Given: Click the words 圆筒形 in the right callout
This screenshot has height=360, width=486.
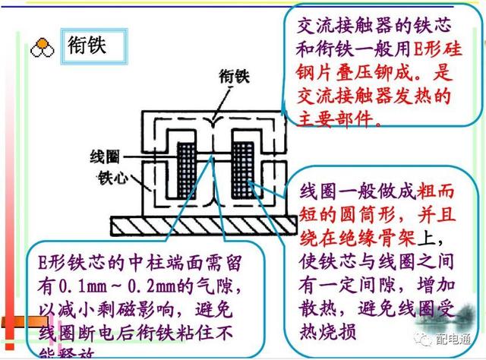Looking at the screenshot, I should tap(361, 214).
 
